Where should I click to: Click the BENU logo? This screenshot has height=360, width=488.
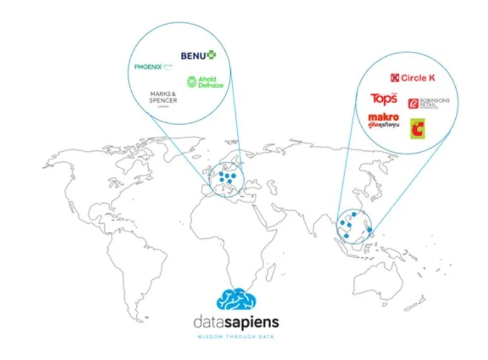pos(198,55)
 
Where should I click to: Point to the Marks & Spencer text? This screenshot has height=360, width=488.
pos(163,98)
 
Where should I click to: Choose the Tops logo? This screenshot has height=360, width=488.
pos(383,98)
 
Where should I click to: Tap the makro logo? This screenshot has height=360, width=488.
pos(384,119)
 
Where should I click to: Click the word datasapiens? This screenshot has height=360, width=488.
pos(236,323)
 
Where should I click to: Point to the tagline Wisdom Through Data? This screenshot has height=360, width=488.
pos(236,337)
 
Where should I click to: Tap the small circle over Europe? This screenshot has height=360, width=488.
pos(224,180)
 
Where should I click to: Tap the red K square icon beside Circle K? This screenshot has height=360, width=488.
pos(395,78)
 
